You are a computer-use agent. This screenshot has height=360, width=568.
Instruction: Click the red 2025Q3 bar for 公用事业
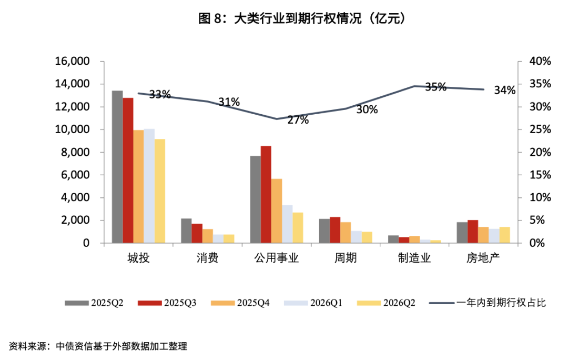point(266,195)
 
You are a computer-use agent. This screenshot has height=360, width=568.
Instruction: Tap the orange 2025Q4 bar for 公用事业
point(277,211)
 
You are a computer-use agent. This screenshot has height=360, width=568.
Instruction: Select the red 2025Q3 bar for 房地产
point(473,232)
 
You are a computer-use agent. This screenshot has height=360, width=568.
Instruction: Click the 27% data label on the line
point(298,120)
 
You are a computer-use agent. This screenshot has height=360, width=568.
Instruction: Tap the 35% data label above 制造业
point(435,87)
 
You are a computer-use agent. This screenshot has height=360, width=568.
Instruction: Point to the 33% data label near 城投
point(159,95)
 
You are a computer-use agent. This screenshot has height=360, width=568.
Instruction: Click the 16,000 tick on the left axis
point(72,62)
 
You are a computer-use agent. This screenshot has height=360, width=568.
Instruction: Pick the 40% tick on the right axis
point(540,62)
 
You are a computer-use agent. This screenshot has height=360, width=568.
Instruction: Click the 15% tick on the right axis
point(540,175)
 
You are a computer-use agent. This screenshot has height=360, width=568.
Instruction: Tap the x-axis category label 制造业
point(414,258)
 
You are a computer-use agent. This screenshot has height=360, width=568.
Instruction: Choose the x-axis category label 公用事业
point(277,258)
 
